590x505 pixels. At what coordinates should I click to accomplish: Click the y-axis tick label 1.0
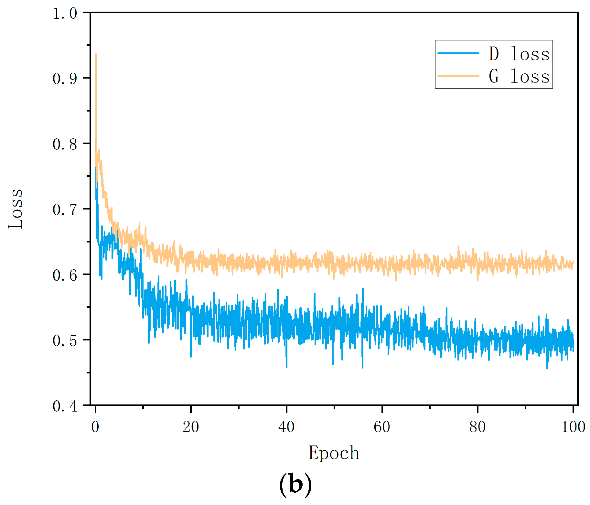click(65, 14)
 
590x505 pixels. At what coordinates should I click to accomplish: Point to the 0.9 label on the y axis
click(65, 79)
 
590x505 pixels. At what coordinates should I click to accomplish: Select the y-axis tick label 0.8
click(65, 144)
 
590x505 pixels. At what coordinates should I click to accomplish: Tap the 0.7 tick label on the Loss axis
click(65, 210)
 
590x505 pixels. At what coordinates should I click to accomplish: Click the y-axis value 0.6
click(65, 275)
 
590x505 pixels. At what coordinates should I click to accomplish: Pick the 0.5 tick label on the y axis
click(65, 340)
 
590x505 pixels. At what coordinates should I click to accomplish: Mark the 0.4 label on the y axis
click(65, 406)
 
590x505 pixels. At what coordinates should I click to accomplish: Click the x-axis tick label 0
click(95, 427)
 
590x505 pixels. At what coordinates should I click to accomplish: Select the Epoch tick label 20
click(191, 427)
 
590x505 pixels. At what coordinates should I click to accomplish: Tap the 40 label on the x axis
click(286, 427)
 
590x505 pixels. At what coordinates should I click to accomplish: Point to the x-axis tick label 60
click(382, 427)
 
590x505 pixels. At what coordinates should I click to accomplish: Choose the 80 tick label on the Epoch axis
click(477, 427)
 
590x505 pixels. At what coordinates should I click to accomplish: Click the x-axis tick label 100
click(573, 427)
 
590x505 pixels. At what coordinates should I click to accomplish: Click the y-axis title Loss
click(16, 209)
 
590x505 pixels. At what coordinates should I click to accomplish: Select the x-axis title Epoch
click(334, 453)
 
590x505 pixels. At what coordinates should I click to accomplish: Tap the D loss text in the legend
click(519, 53)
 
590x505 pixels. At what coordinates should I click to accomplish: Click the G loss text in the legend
click(519, 76)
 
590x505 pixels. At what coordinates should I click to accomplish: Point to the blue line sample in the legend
click(458, 53)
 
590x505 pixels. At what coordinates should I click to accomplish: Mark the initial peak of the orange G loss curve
click(96, 54)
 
